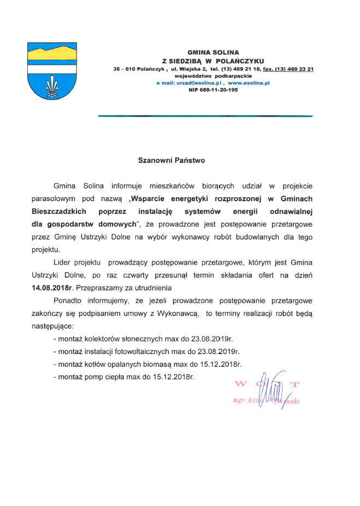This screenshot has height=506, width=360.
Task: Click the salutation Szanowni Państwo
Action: tap(171, 161)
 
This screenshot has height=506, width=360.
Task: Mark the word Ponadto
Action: tap(67, 301)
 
